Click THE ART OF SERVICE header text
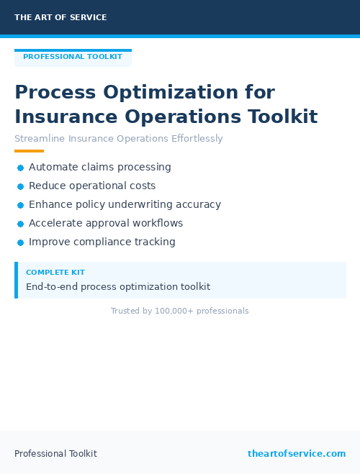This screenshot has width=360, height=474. (60, 17)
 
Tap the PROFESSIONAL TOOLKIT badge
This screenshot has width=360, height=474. (73, 57)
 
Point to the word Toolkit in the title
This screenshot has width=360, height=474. (282, 117)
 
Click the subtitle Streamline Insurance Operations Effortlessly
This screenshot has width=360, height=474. (119, 139)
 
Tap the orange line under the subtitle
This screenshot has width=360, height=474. (29, 151)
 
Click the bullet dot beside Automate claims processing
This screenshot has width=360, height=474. (20, 168)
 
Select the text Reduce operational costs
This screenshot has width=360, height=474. (92, 186)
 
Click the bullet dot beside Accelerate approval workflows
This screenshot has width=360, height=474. (20, 224)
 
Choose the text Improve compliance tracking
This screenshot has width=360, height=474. (102, 242)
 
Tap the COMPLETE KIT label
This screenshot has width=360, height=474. (55, 273)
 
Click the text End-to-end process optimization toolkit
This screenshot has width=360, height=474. (118, 286)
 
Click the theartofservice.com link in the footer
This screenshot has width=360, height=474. (297, 453)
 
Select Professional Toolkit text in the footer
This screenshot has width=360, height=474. (55, 453)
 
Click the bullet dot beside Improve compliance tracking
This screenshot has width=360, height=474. (20, 242)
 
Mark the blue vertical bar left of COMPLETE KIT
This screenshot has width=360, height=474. (16, 280)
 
